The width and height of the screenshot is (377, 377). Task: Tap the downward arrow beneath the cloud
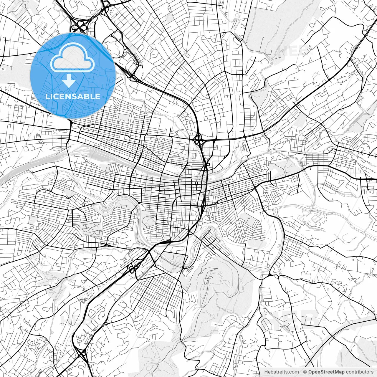(x=69, y=81)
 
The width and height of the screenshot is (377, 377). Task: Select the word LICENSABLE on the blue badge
(x=73, y=96)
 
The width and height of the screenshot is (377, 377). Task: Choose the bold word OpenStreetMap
(x=326, y=372)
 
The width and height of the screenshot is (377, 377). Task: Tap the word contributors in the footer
(x=360, y=372)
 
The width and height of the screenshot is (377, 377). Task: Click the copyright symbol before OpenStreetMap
(x=305, y=372)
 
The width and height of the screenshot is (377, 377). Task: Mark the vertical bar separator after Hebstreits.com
(x=301, y=372)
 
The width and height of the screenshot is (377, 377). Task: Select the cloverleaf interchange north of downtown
(x=198, y=139)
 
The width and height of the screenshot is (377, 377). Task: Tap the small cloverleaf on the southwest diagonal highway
(x=134, y=268)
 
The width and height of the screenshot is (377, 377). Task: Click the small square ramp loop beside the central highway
(x=208, y=164)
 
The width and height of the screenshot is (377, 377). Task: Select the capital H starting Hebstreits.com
(x=266, y=372)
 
